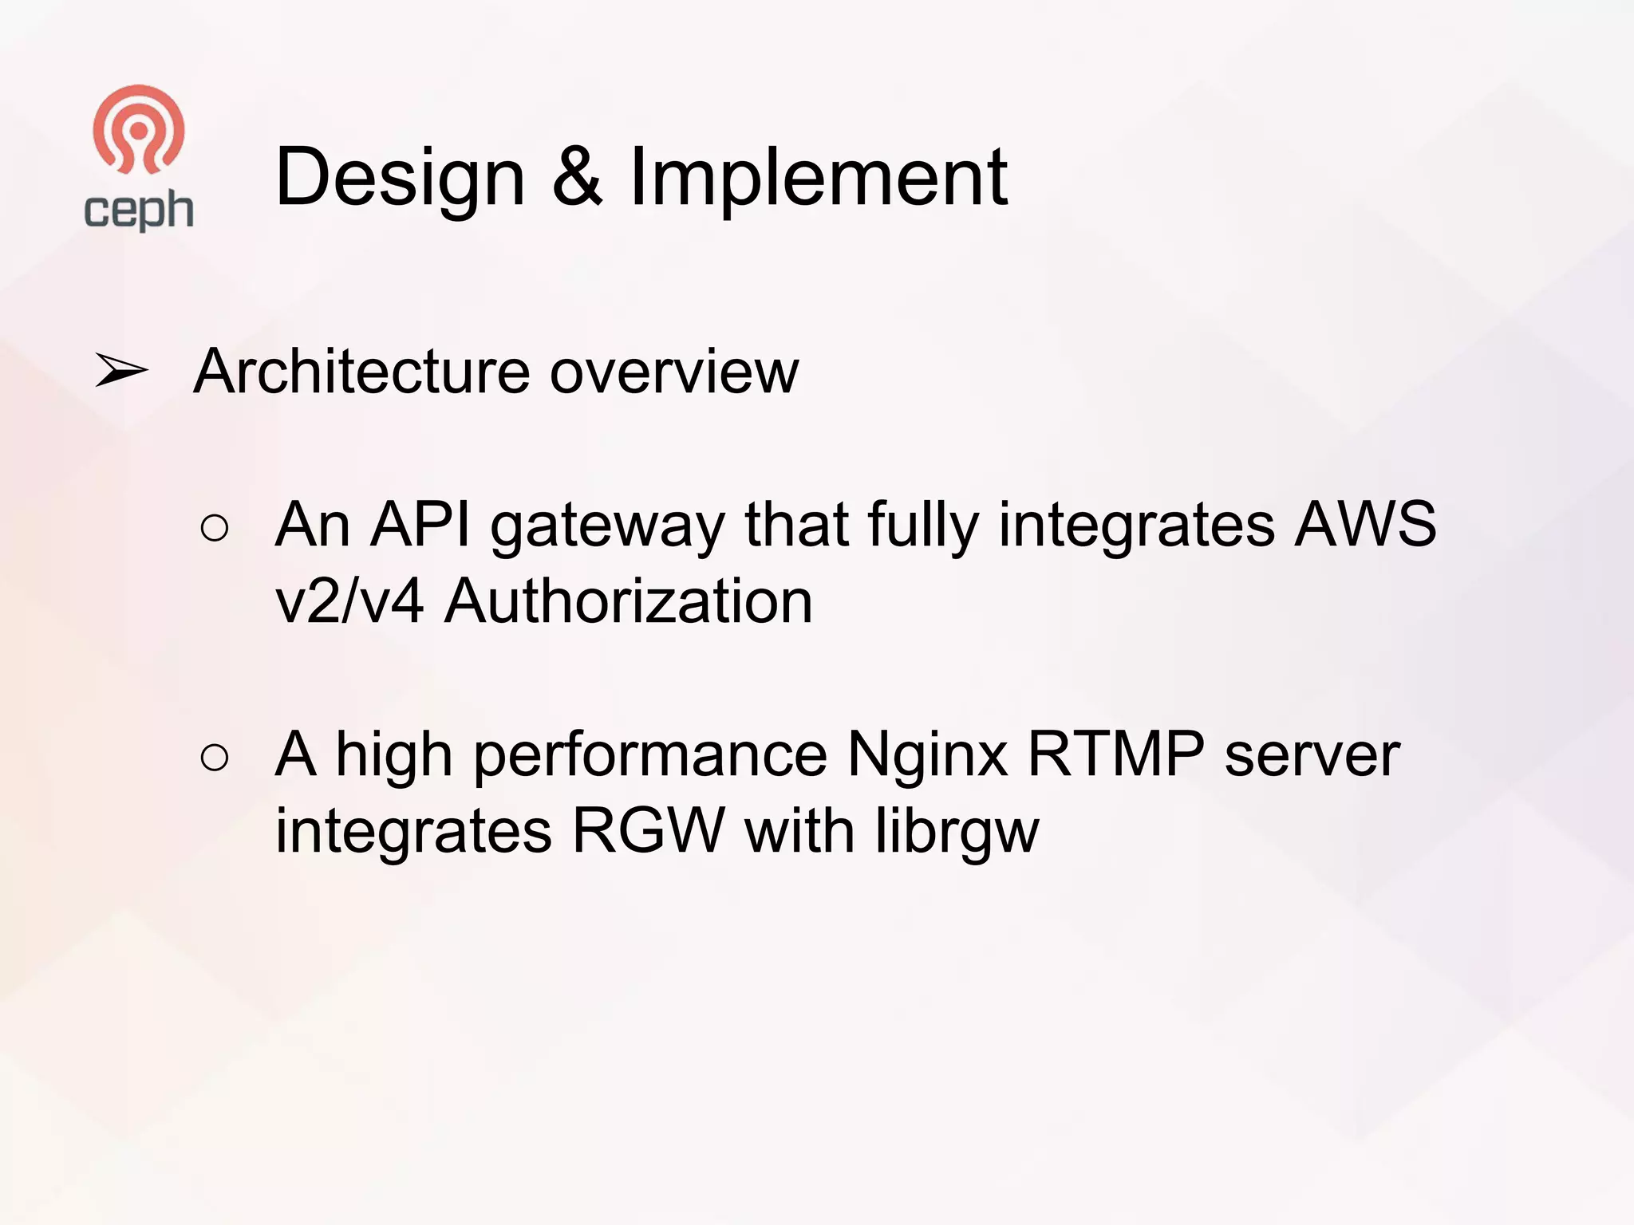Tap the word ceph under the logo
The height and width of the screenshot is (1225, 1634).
pyautogui.click(x=139, y=211)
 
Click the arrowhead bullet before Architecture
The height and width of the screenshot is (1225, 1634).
pyautogui.click(x=121, y=371)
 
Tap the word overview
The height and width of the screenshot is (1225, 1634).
pyautogui.click(x=674, y=372)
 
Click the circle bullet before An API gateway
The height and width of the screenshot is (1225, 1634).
pyautogui.click(x=215, y=528)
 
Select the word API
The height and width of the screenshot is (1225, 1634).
pyautogui.click(x=420, y=525)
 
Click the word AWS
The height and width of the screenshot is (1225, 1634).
pyautogui.click(x=1365, y=525)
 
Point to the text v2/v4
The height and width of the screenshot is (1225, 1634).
pyautogui.click(x=349, y=601)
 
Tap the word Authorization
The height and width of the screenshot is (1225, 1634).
pyautogui.click(x=629, y=601)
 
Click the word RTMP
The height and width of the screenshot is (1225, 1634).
pyautogui.click(x=1115, y=754)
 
